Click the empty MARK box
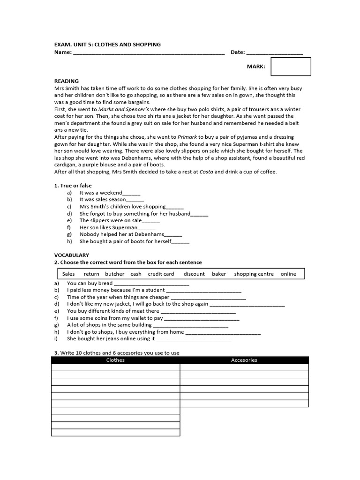[x=291, y=66]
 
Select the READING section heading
[x=67, y=81]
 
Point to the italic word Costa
[x=206, y=172]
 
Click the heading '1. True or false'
[x=73, y=186]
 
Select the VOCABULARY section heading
[x=72, y=255]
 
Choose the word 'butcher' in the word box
[x=115, y=274]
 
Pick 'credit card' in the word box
[x=161, y=274]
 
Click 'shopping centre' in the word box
[x=254, y=274]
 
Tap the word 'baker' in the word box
[x=219, y=274]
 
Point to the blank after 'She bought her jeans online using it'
[x=193, y=339]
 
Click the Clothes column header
[x=115, y=360]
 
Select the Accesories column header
[x=244, y=360]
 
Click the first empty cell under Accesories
[x=244, y=367]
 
